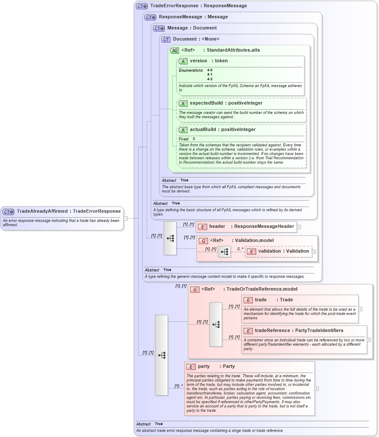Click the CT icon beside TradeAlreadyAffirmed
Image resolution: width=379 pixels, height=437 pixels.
coord(9,211)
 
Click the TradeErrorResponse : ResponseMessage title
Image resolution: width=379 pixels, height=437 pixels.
coord(198,6)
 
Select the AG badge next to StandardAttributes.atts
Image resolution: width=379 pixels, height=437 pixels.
coord(174,50)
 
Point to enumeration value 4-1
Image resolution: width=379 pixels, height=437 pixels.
coord(210,75)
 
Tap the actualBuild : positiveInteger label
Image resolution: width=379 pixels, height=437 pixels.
coord(223,130)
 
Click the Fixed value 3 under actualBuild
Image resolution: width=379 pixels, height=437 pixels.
coord(194,139)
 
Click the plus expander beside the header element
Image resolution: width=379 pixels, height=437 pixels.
coord(299,227)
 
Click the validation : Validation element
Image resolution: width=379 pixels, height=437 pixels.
coord(283,251)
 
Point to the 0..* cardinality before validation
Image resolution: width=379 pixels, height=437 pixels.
coord(240,248)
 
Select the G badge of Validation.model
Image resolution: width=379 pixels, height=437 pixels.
coord(203,241)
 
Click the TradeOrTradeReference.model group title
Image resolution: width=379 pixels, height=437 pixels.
coord(249,289)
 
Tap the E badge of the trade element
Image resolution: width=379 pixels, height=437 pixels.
coord(248,300)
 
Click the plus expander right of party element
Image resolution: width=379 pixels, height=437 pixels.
coord(316,388)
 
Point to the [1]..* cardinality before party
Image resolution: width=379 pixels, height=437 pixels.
coord(178,386)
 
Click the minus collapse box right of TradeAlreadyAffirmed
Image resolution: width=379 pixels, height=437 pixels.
coord(125,218)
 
